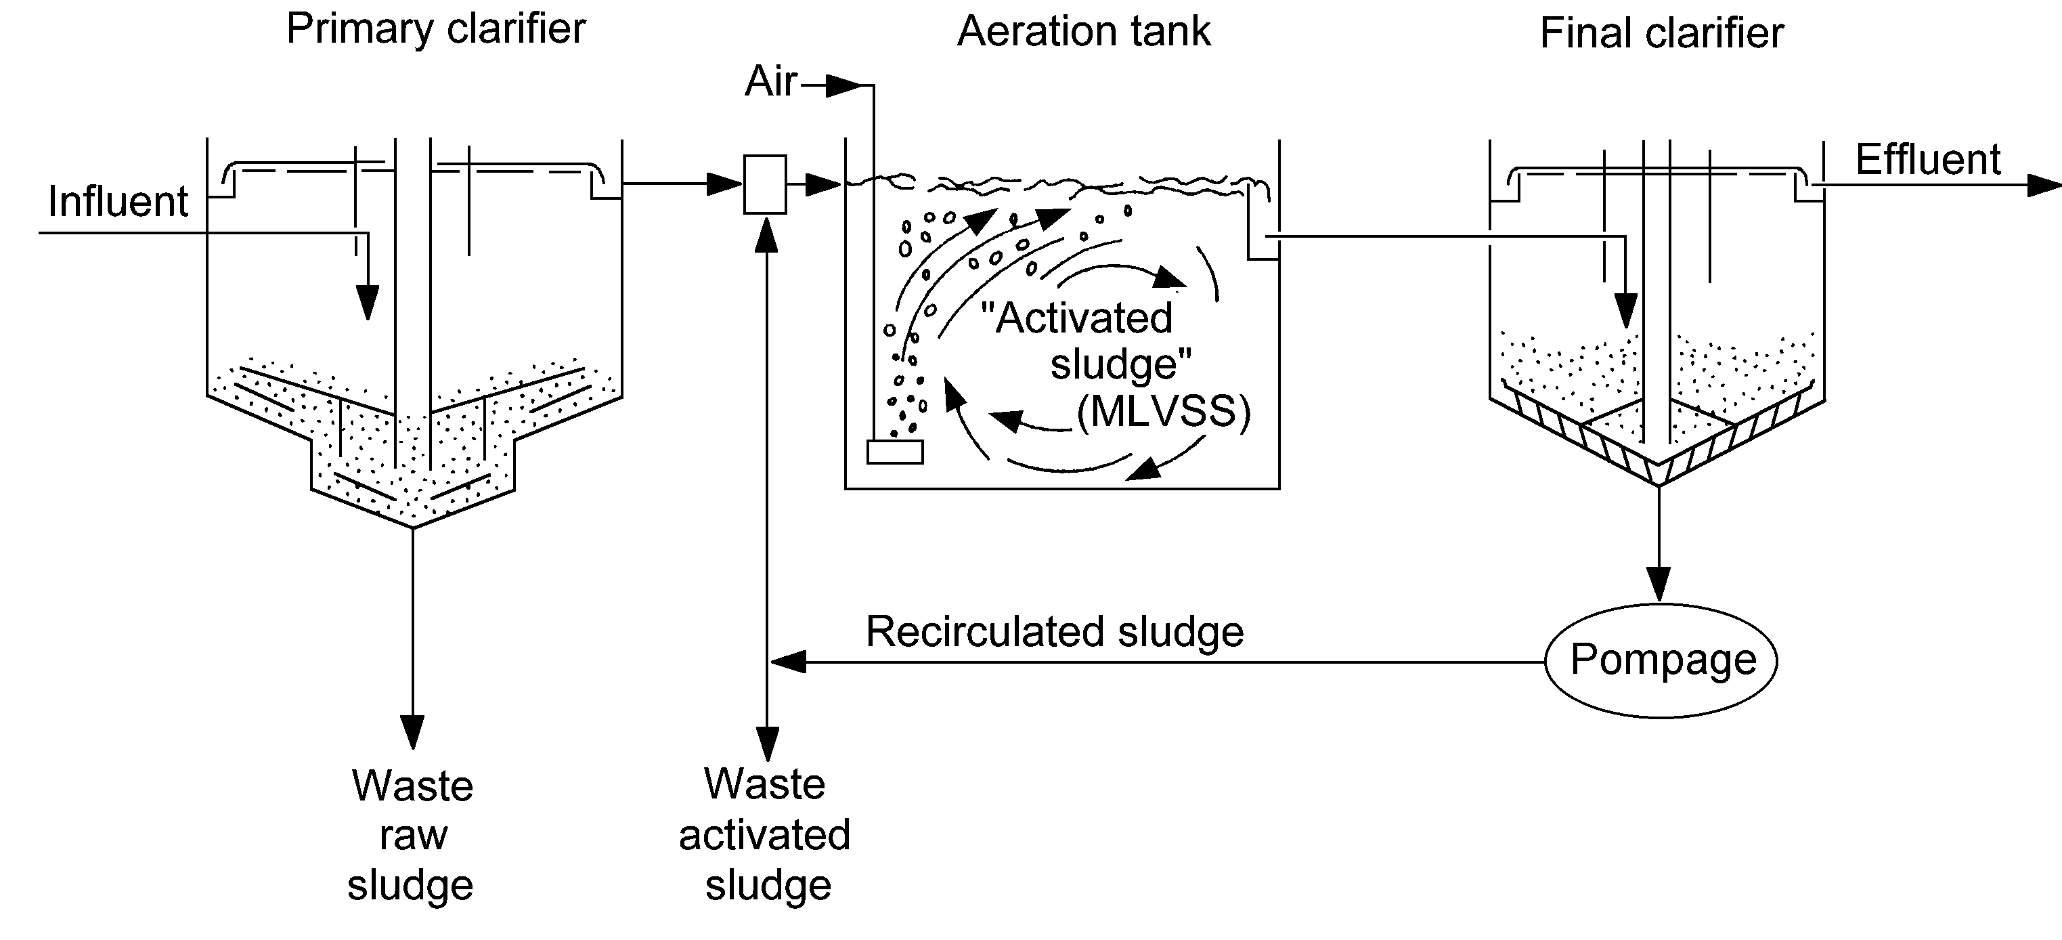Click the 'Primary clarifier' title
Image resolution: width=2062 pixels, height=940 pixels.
point(436,30)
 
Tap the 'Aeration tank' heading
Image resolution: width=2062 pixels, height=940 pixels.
point(1084,32)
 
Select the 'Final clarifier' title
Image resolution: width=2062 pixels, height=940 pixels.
point(1662,35)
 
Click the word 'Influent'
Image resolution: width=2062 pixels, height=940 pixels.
point(118,202)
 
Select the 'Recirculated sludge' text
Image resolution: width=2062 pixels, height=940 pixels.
point(1055,632)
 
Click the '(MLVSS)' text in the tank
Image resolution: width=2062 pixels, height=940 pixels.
point(1163,413)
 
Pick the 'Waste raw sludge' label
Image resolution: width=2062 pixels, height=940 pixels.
point(412,835)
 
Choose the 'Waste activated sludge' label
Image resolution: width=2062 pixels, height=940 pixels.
point(765,834)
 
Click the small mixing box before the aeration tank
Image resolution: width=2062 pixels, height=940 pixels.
point(765,184)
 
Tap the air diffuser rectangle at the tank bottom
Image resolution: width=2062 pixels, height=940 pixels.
point(895,452)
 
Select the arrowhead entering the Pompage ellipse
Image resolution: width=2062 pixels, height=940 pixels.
point(1659,584)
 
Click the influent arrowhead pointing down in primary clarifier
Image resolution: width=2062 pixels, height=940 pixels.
point(368,303)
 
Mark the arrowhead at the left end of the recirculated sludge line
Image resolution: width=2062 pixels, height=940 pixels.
point(789,662)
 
